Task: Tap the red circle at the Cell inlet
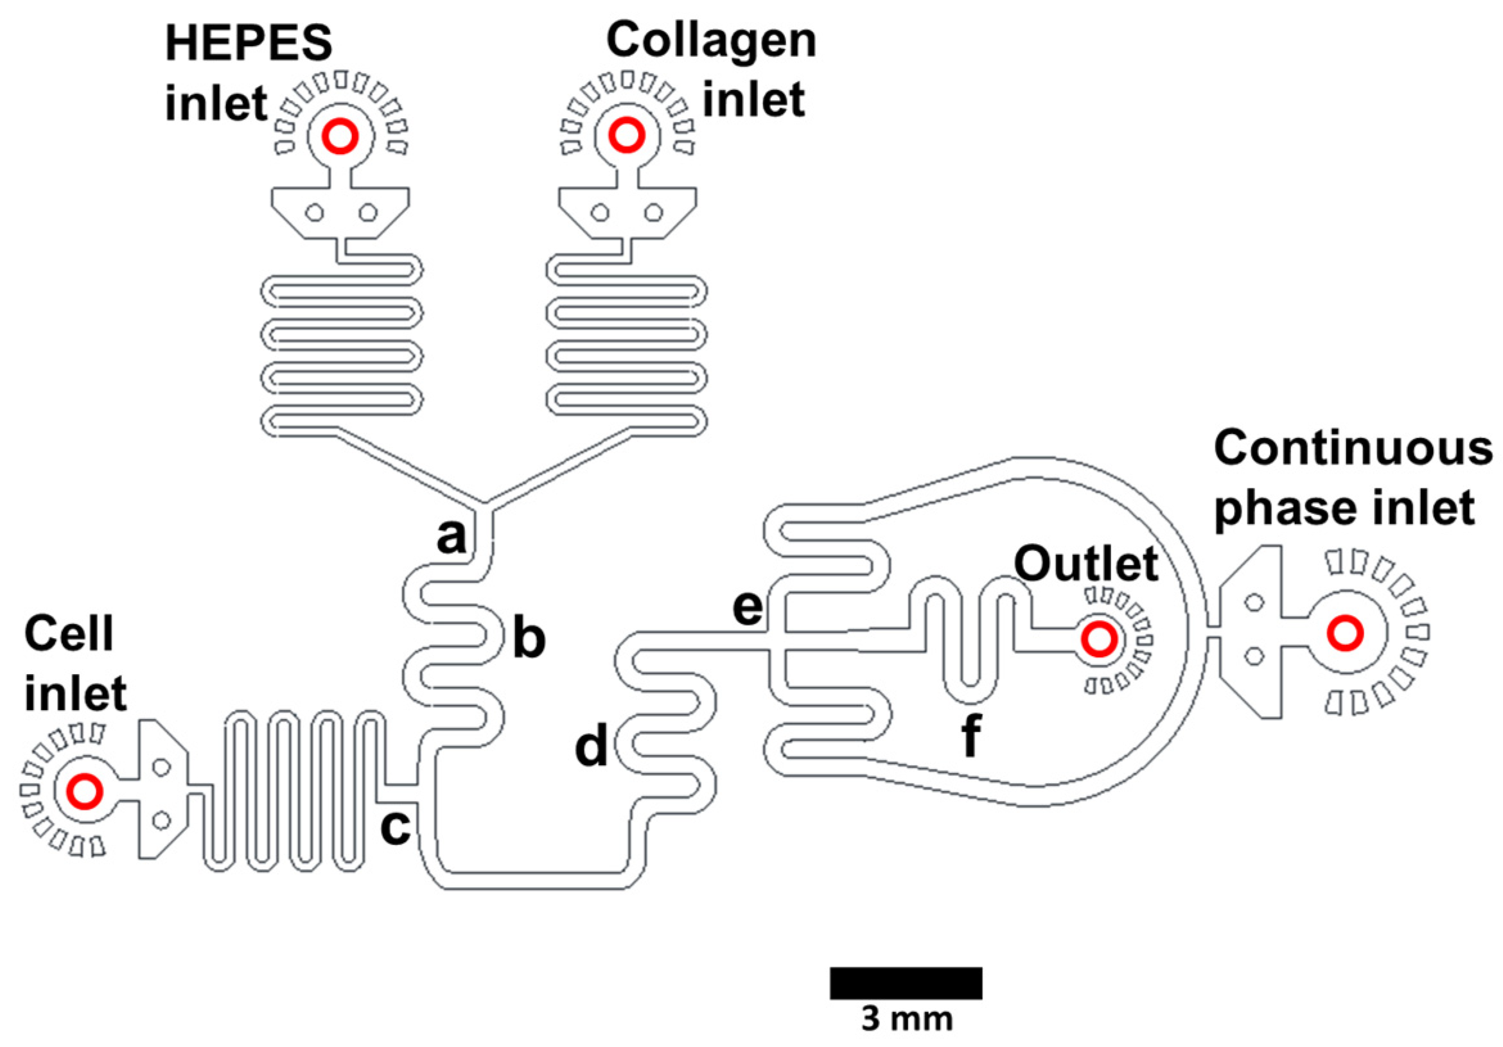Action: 85,791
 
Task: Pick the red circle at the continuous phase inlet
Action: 1345,633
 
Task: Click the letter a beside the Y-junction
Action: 451,537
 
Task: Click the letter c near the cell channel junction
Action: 396,826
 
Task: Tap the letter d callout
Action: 591,747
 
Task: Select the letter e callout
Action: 748,608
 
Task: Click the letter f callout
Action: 971,735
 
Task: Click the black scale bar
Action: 906,983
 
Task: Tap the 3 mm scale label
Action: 907,1019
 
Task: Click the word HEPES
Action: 249,44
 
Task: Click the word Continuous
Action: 1353,449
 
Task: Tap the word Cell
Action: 69,634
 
